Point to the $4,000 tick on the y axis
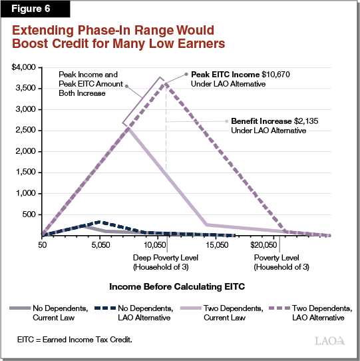(24, 67)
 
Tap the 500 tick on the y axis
(30, 214)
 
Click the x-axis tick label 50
(42, 246)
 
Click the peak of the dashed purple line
(165, 83)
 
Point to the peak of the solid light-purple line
(128, 127)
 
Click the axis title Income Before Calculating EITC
(180, 287)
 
